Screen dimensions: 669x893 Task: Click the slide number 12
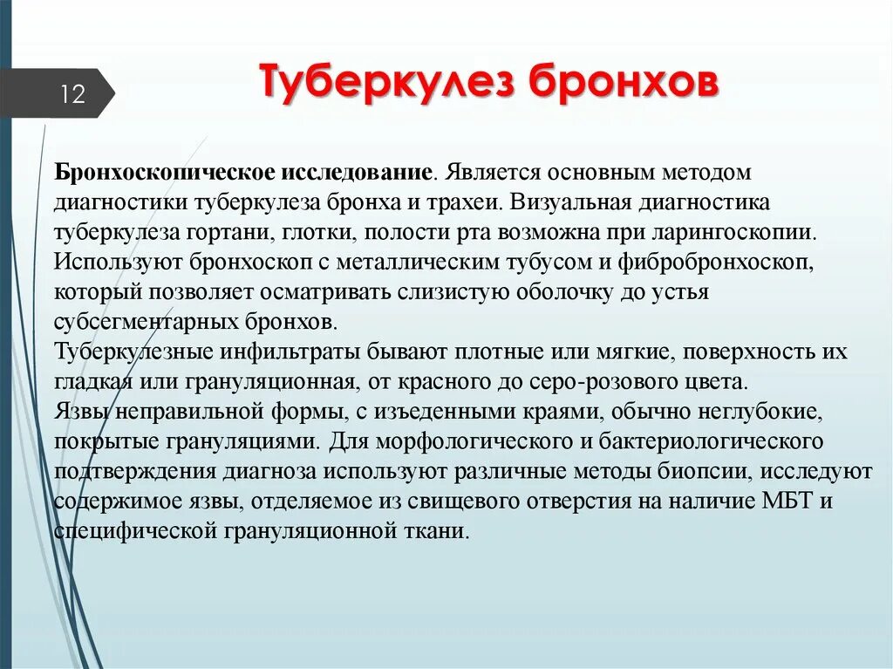click(72, 94)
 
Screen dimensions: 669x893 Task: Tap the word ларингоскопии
click(740, 233)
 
